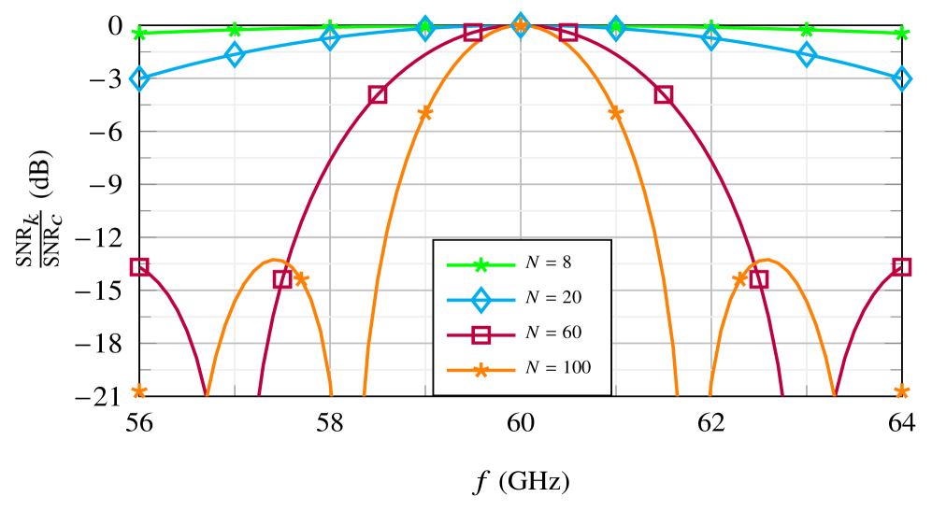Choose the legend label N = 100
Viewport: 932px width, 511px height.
point(557,368)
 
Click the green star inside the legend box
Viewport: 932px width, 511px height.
point(481,264)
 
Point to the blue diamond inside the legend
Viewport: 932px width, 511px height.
point(481,300)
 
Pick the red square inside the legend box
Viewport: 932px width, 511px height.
point(481,334)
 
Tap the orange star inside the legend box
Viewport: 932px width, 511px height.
point(481,370)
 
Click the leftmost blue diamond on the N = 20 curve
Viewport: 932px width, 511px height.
point(139,78)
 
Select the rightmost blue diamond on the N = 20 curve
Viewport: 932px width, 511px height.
point(902,78)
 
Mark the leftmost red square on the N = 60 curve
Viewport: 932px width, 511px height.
point(139,267)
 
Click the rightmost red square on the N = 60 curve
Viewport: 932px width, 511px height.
point(902,267)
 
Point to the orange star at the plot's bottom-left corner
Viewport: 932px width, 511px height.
point(139,391)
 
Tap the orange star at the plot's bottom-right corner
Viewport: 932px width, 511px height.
point(902,391)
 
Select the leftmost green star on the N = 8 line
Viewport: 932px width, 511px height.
point(139,35)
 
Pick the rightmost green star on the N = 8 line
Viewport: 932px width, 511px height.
point(902,34)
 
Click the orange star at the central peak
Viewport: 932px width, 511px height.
point(521,25)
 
